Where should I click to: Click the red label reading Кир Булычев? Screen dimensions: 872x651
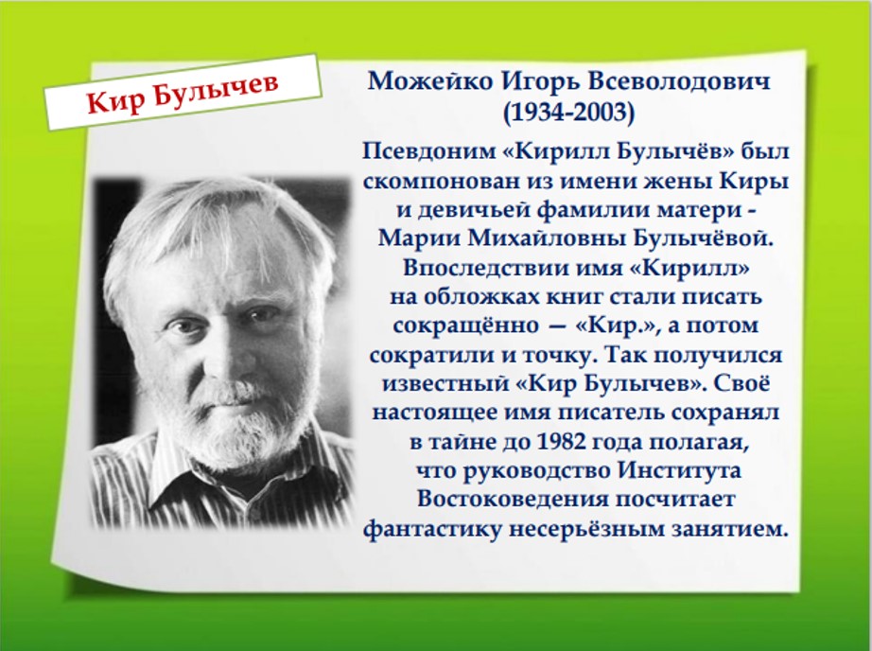click(183, 93)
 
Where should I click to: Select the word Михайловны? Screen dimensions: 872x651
click(548, 238)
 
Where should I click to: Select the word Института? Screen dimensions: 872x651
click(679, 470)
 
